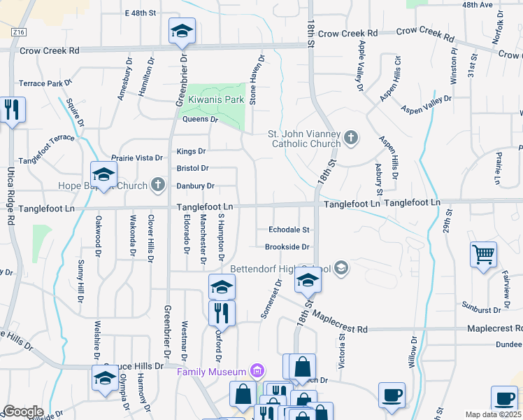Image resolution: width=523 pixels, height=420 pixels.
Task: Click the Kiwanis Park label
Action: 216,100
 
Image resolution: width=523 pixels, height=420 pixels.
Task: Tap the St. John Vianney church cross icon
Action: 351,138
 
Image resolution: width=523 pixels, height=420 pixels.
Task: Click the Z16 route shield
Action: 19,32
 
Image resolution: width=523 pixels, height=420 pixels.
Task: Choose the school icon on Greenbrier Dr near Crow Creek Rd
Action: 182,31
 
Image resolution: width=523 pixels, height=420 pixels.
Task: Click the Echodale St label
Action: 289,230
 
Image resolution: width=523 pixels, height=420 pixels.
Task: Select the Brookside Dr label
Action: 287,247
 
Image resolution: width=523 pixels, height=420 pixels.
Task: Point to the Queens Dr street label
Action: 201,120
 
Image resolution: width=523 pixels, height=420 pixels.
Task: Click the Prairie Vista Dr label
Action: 138,158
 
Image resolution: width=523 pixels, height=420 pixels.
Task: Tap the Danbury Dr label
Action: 195,186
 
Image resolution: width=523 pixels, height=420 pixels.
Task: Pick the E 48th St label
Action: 139,13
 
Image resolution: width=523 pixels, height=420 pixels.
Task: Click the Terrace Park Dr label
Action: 45,83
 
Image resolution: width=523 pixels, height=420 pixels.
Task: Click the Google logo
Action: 23,412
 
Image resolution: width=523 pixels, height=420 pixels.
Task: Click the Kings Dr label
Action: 191,151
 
